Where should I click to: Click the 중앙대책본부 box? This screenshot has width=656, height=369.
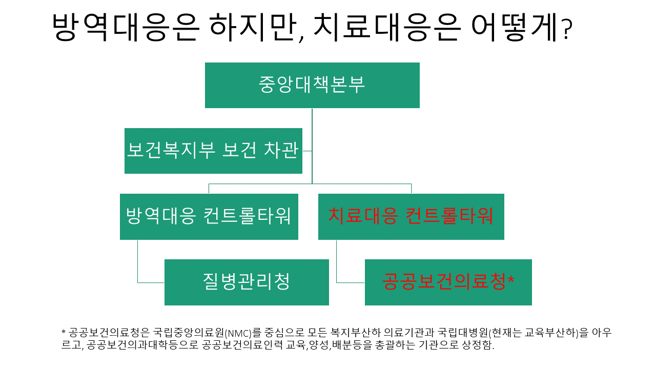pyautogui.click(x=312, y=85)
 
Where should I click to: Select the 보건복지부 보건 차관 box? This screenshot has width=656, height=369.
pyautogui.click(x=213, y=151)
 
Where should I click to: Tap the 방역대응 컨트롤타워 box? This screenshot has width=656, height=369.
pyautogui.click(x=209, y=216)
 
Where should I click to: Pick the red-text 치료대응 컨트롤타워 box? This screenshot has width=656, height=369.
pyautogui.click(x=411, y=216)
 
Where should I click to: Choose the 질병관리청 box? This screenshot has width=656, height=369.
pyautogui.click(x=247, y=282)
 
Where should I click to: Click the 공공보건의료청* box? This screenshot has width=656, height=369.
pyautogui.click(x=448, y=282)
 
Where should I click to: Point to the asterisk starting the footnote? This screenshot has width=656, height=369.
pyautogui.click(x=64, y=332)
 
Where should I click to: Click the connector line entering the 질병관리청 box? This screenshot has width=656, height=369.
pyautogui.click(x=151, y=282)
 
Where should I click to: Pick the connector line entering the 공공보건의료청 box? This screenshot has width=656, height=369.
pyautogui.click(x=350, y=282)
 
